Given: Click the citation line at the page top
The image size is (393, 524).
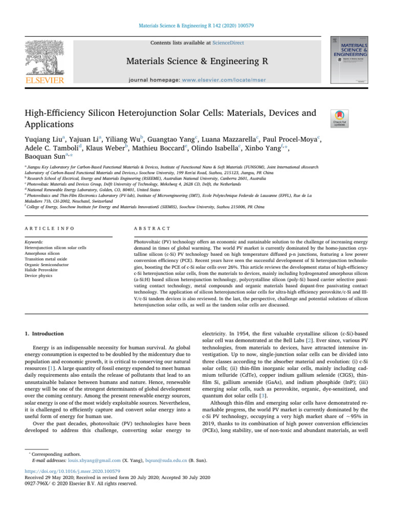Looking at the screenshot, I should click(196, 10).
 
